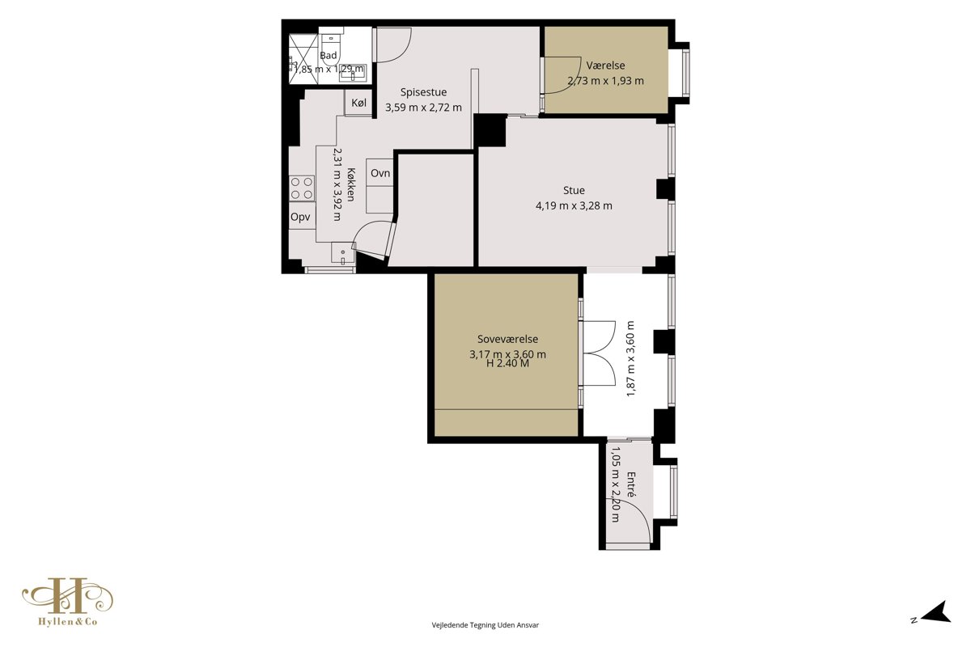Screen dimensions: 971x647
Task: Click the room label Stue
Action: [x=574, y=190]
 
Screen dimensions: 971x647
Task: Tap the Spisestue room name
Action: [x=423, y=92]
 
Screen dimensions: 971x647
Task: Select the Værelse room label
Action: [x=605, y=66]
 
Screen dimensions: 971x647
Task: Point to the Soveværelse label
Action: [x=507, y=339]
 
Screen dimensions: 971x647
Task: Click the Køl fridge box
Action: [x=359, y=103]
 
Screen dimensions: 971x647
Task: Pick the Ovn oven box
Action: [x=379, y=173]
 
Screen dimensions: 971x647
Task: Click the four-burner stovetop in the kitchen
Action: [x=302, y=188]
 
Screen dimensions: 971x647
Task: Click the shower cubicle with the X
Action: [x=303, y=58]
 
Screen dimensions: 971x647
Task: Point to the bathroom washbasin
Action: [x=354, y=74]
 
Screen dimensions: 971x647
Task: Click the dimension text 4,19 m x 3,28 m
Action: [x=574, y=206]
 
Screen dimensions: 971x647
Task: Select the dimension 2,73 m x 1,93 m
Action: [x=605, y=81]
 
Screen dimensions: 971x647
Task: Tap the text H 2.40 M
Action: [x=507, y=364]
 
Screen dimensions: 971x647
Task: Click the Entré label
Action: [x=631, y=484]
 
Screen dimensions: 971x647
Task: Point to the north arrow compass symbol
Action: [x=938, y=612]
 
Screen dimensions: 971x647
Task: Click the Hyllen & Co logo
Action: [x=68, y=601]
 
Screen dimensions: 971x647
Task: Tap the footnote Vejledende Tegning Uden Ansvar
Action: [x=485, y=625]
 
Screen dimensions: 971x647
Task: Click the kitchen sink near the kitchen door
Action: [x=343, y=253]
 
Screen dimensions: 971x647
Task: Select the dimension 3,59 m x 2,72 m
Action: [x=423, y=108]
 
